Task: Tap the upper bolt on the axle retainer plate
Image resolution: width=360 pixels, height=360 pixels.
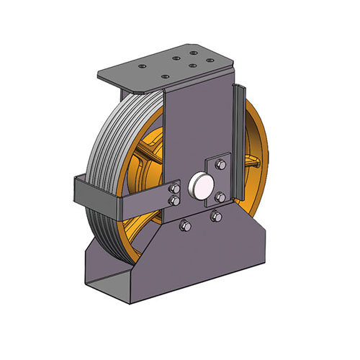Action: tap(221, 165)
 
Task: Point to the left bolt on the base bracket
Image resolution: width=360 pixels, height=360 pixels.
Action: tap(185, 226)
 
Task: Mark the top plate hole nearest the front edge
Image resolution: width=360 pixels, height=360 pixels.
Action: tap(165, 76)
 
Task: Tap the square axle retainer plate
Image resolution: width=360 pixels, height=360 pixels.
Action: tap(216, 180)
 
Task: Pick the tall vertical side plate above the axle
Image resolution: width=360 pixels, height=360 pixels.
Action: tap(194, 122)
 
